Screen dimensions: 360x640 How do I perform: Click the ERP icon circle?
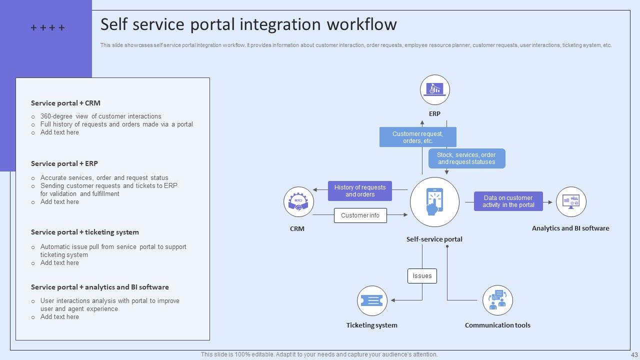[x=434, y=90]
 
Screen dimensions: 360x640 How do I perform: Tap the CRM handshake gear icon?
[x=298, y=202]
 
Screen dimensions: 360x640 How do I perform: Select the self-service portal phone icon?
[x=434, y=202]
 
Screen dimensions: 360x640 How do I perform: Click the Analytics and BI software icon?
[x=571, y=202]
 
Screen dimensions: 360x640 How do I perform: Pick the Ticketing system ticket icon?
[x=372, y=300]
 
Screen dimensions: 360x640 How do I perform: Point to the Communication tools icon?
[x=497, y=300]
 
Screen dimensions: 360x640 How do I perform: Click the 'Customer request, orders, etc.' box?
[x=417, y=137]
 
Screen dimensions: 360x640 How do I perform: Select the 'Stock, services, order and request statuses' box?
[x=466, y=158]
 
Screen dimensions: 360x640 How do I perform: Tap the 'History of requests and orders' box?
[x=360, y=191]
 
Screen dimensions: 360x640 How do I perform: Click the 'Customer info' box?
[x=360, y=215]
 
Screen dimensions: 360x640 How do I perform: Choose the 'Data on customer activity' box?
[x=508, y=201]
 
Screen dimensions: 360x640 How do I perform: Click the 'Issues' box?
[x=422, y=276]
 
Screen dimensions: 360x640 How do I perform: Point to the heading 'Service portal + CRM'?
[x=65, y=103]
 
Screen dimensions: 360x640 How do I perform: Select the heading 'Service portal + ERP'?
[x=64, y=163]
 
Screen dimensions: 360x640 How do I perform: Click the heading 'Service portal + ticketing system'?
[x=85, y=232]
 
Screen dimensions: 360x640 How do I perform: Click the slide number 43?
[x=634, y=354]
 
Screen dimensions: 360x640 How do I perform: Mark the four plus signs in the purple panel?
[x=47, y=28]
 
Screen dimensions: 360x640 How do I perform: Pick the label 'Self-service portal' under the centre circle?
[x=434, y=239]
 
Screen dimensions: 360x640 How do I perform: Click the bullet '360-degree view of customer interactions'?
[x=100, y=116]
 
